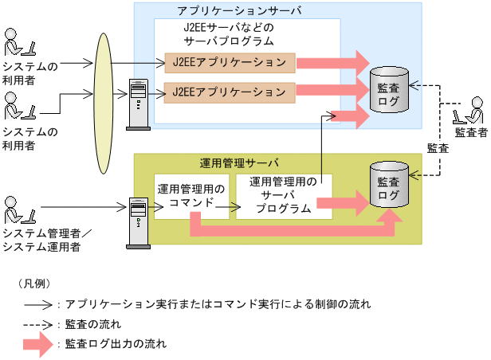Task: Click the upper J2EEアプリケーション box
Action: coord(230,62)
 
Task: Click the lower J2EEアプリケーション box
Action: coord(230,92)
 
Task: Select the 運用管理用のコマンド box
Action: coord(191,196)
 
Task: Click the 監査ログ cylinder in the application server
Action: coord(389,90)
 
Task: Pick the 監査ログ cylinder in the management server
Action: coord(389,186)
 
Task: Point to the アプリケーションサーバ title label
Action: coord(230,11)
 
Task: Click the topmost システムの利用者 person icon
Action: coord(17,42)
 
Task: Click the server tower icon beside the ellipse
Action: coord(139,104)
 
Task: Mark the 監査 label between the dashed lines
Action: coord(437,147)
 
